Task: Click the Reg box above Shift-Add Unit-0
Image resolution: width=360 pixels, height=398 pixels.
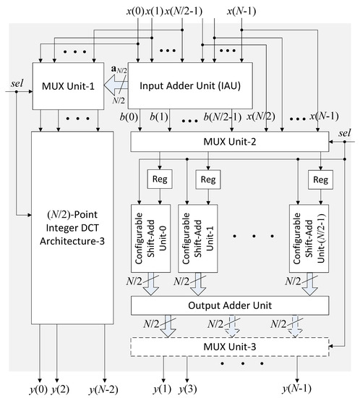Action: [158, 179]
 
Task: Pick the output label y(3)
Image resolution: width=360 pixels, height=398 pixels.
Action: [187, 390]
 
